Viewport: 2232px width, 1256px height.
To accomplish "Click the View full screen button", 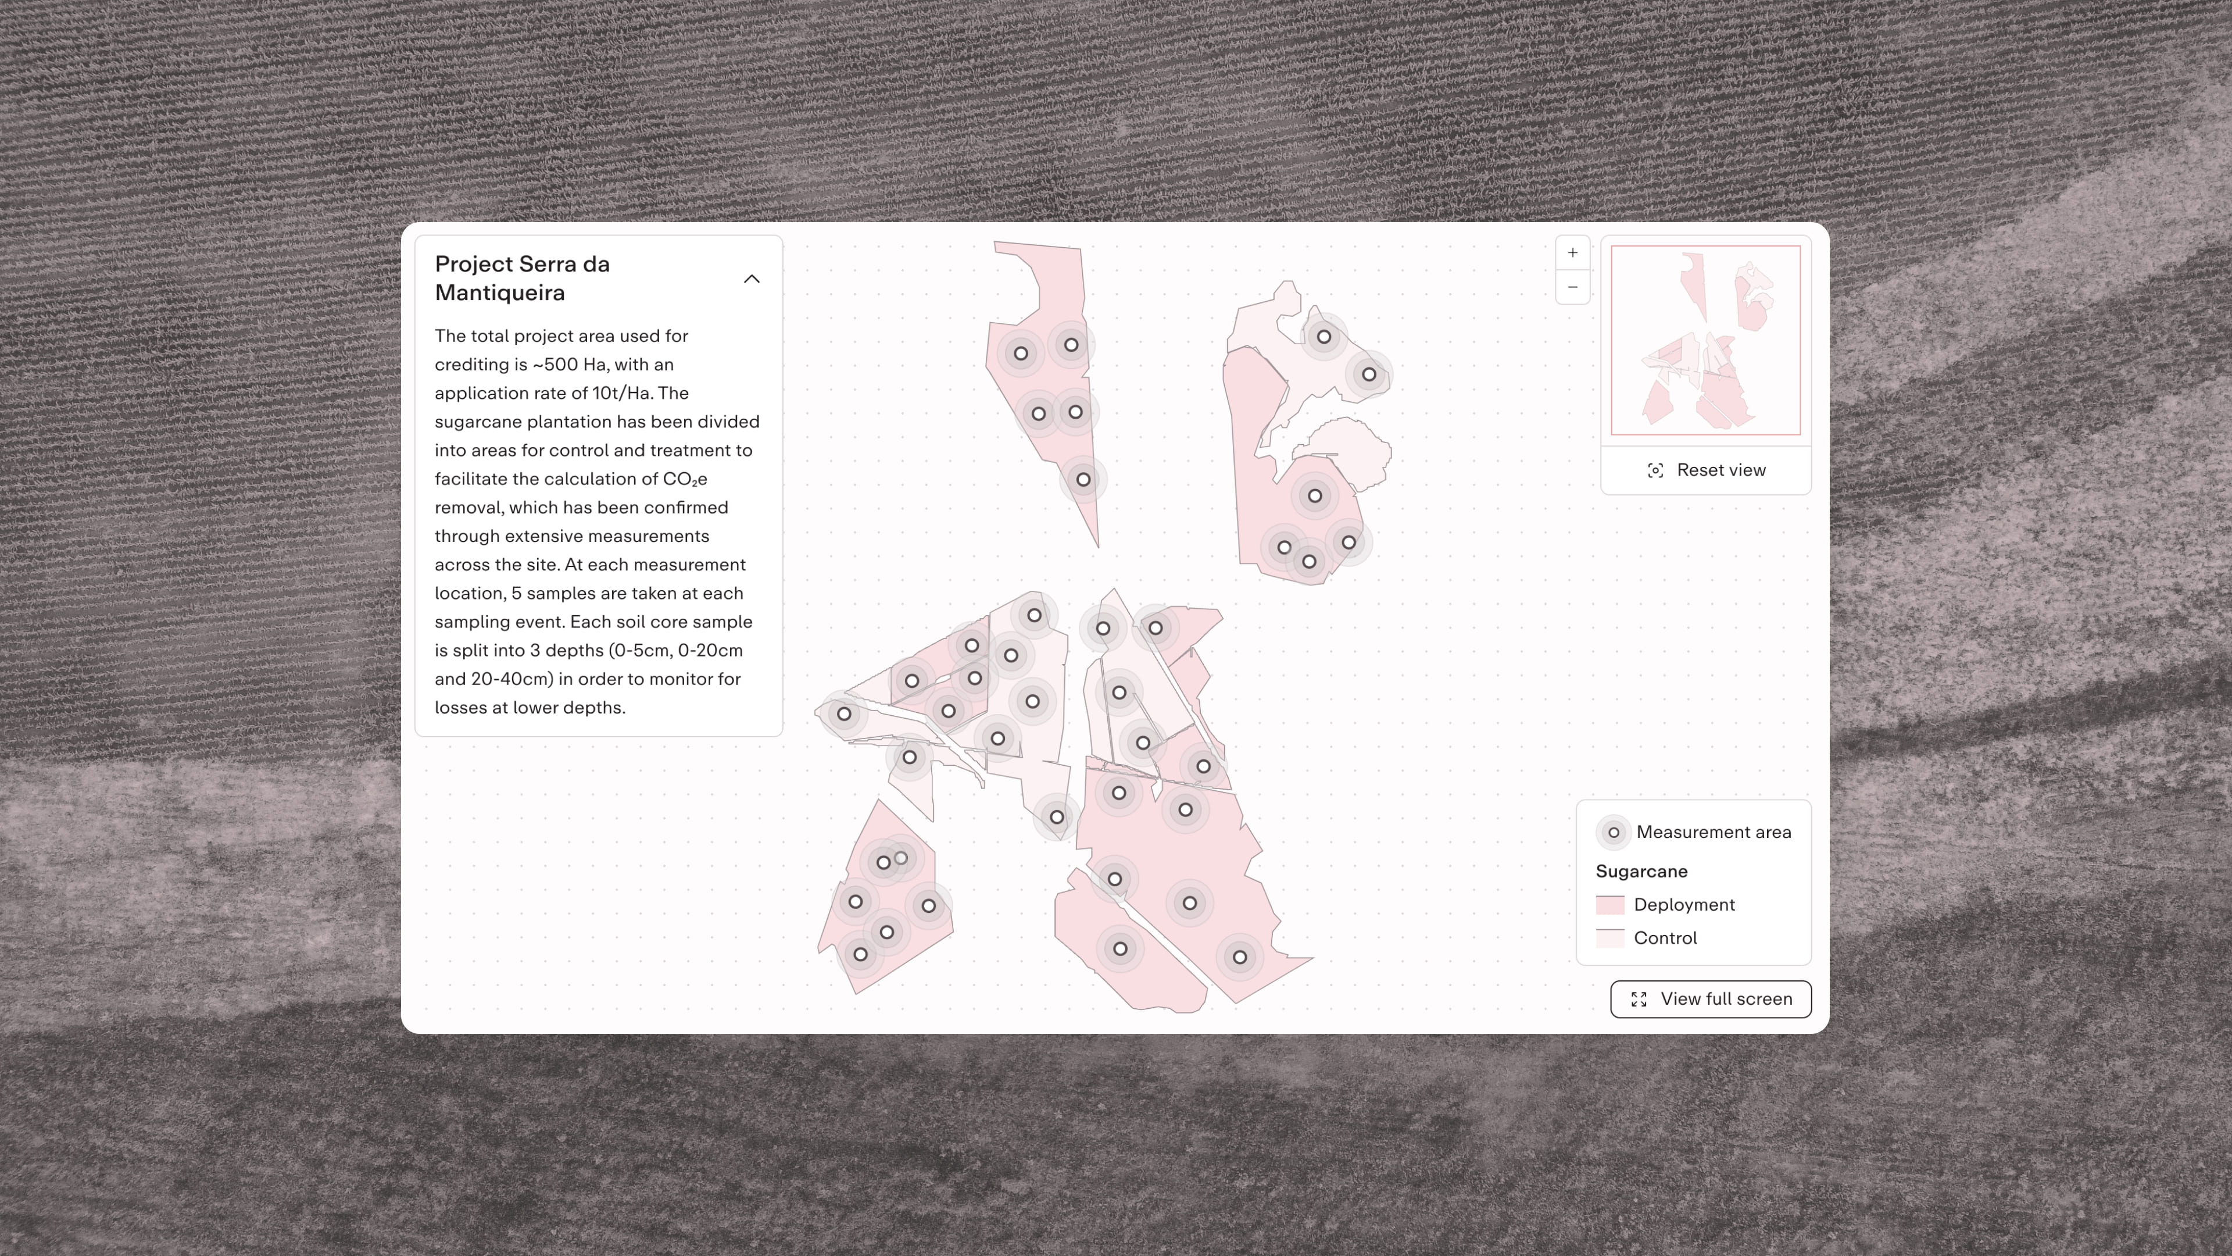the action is pos(1711,998).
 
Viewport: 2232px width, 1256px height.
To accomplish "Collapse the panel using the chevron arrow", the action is pos(751,279).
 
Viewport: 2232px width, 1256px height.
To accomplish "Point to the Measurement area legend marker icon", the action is pos(1614,832).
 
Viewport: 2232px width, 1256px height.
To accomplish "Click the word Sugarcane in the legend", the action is pos(1641,871).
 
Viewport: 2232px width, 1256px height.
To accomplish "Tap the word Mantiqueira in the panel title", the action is pos(500,293).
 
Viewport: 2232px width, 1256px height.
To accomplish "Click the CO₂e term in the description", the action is pos(685,479).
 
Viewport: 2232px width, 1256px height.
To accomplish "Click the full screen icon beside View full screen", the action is pos(1639,1000).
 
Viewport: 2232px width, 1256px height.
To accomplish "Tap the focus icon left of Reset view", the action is pos(1655,470).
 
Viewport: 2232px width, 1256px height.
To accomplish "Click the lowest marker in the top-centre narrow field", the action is pos(1083,479).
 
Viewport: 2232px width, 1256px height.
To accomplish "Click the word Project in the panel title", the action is pos(473,265).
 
